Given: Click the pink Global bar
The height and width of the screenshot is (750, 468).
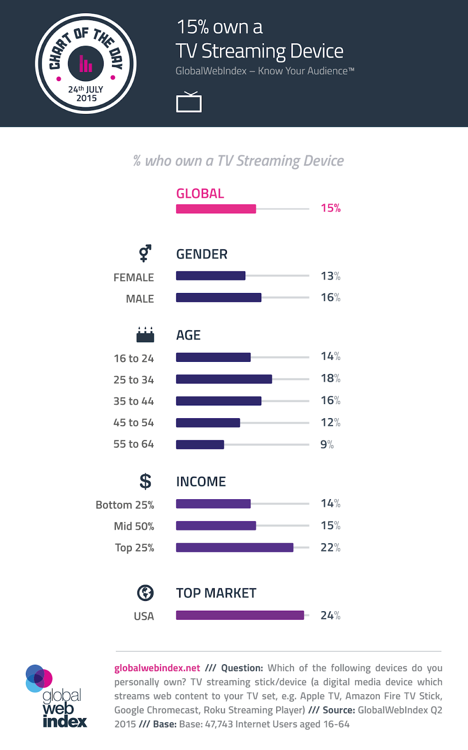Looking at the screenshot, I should pos(216,209).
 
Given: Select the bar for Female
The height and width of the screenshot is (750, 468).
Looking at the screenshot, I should pos(211,276).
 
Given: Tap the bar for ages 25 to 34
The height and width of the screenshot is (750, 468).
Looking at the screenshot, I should pos(224,379).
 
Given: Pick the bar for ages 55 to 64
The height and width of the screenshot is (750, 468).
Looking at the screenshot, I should pos(200,444).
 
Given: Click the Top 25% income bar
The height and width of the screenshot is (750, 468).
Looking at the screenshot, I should pos(234,547).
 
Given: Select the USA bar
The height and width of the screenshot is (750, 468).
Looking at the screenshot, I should pos(240,615).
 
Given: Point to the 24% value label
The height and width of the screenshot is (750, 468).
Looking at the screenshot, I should pos(330,615).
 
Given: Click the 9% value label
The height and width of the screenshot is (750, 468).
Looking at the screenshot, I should pos(327,444).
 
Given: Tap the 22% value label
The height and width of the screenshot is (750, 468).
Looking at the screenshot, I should pos(330,547).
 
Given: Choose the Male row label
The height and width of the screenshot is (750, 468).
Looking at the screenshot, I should pos(140,299).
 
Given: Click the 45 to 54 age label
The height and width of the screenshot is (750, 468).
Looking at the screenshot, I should pos(134,423).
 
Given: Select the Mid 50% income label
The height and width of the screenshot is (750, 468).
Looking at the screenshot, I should pos(134,526).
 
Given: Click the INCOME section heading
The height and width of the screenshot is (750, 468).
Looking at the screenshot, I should pos(201,481).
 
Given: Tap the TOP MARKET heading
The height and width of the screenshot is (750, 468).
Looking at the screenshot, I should pos(216,593).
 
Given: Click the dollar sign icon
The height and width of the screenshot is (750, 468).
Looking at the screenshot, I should pos(145,481).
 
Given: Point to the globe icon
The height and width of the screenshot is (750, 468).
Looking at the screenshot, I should pos(145,593).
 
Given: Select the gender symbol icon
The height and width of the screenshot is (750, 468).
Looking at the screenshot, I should pos(145,253).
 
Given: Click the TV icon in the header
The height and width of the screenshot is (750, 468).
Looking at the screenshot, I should pos(189,102).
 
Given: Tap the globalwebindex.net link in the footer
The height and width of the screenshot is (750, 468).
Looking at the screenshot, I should pos(157,668).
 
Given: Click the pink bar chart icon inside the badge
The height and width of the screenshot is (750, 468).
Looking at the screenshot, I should pos(85,64).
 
